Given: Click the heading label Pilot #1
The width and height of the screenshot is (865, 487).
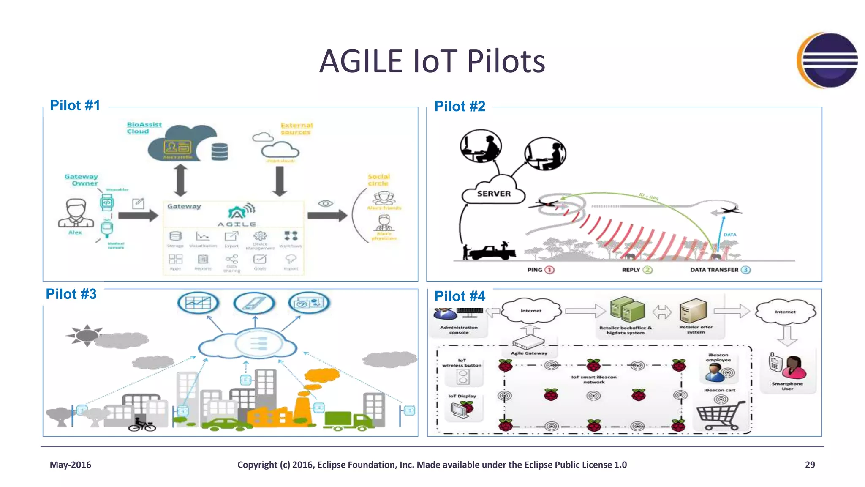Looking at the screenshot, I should pos(75,105).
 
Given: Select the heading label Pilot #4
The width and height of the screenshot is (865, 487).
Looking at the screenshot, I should pos(460,296).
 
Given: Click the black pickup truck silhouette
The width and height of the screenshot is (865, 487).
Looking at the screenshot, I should pos(492,252).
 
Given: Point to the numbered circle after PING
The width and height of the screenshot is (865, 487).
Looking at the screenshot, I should pos(549,270).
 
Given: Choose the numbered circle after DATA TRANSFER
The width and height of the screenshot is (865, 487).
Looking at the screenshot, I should pos(746,270).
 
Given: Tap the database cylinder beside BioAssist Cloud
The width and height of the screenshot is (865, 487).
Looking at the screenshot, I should pos(220,151).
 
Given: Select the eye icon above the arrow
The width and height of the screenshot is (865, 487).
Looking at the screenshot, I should pos(325,204).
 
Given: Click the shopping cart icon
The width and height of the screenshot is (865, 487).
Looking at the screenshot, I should pos(720,415).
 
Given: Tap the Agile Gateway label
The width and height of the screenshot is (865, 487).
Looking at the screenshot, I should pos(529,353).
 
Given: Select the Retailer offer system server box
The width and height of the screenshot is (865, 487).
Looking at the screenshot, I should pos(693,311).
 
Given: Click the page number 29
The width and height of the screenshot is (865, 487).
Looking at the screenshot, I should pos(810,465).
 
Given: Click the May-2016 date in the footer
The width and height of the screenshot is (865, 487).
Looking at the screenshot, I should pos(71,465).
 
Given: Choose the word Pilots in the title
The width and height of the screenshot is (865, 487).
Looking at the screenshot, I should pos(506,61).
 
